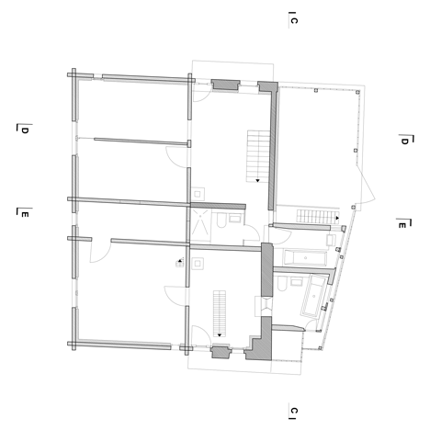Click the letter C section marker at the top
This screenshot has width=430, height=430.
point(294,20)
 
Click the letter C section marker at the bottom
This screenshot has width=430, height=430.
point(294,411)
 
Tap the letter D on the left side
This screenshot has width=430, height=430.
point(25,130)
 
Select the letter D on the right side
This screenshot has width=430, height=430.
point(404,141)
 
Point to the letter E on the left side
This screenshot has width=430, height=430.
point(25,214)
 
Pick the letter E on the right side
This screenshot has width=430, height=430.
point(402,225)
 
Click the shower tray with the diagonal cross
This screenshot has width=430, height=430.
point(200,225)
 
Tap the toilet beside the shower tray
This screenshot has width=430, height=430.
point(221,221)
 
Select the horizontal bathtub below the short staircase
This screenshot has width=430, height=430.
point(305,257)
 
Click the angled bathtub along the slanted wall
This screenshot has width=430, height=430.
point(314,296)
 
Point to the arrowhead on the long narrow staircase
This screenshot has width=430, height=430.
point(220,335)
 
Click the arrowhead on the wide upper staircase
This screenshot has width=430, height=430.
point(257,180)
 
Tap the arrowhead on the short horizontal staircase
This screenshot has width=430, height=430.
point(337,218)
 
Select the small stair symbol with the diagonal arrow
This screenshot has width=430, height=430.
point(180,263)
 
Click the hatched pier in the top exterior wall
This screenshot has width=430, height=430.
point(226,85)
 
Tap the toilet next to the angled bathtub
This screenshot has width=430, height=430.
point(282,284)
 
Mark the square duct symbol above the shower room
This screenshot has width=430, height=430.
point(198,194)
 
